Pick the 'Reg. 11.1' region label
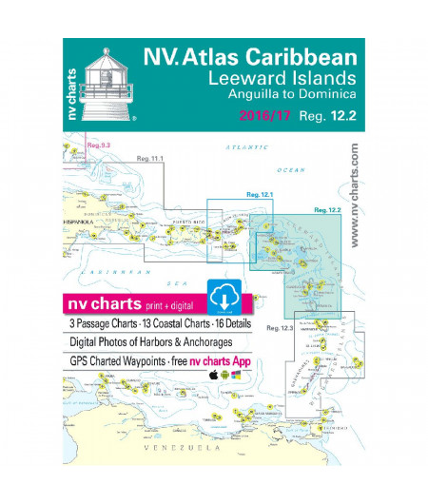(151, 159)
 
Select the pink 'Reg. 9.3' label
(99, 145)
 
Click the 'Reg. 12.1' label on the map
(260, 195)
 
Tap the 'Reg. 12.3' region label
(280, 328)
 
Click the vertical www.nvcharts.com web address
(355, 194)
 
